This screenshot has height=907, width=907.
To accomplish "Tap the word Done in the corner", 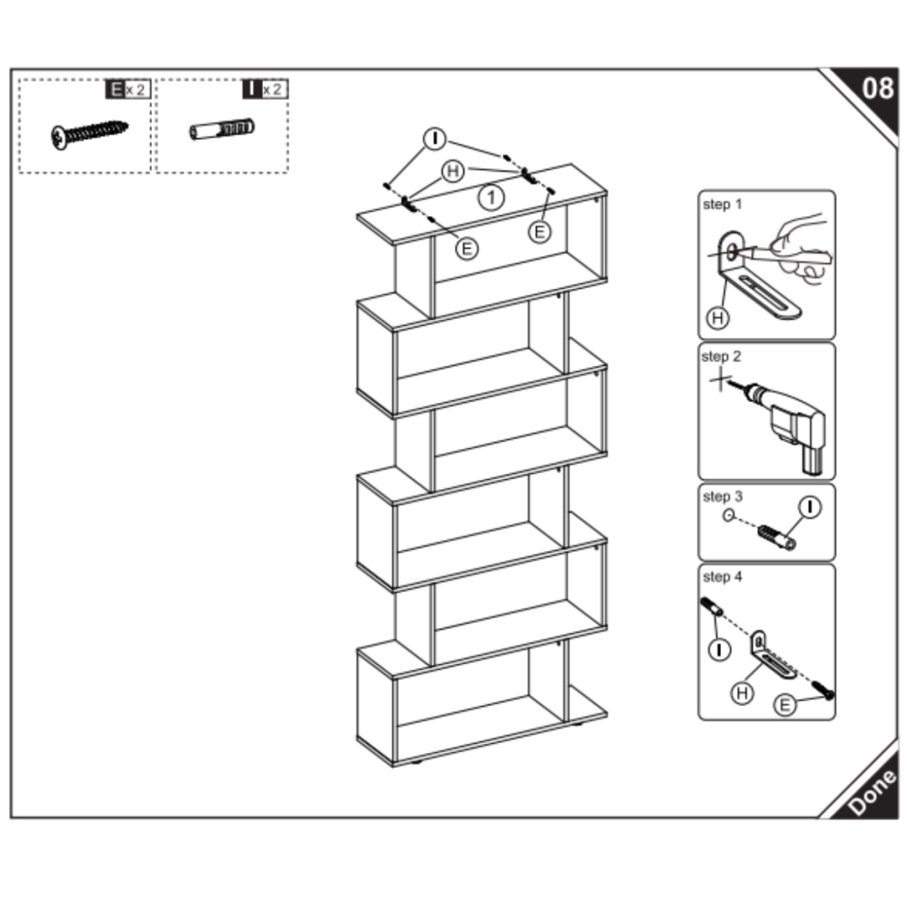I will [x=871, y=792].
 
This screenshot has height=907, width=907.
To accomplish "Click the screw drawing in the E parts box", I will [x=88, y=134].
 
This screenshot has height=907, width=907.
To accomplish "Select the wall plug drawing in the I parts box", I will [x=221, y=129].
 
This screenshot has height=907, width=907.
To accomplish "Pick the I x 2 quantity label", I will [x=264, y=89].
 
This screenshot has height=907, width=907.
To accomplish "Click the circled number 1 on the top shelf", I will [x=491, y=198].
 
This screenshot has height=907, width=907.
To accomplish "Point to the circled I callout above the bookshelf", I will [x=434, y=139].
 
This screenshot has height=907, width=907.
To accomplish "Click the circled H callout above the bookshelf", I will [x=453, y=171].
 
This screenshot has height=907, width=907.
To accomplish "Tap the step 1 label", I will [x=722, y=205].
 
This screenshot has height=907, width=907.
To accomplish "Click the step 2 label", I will [x=721, y=357].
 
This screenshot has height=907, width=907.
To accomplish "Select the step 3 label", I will [x=721, y=497].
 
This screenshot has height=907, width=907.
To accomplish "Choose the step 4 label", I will [x=722, y=578].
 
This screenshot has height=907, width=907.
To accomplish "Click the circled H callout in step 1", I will [x=717, y=316].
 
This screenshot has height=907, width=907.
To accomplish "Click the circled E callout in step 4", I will [x=784, y=705].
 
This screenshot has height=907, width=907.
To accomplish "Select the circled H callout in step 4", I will [x=742, y=693].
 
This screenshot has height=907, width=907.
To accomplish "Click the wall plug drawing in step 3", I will [x=776, y=537].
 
